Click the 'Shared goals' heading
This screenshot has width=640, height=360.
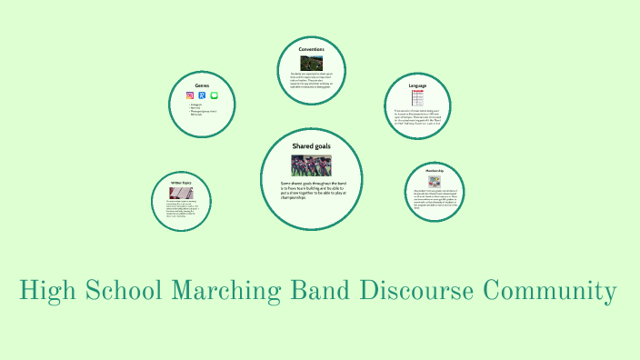point(312,145)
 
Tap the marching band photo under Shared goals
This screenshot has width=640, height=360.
point(312,165)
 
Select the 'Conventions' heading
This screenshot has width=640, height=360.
point(312,49)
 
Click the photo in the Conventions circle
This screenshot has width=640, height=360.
point(312,63)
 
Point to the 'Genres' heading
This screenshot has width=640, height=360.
point(202,85)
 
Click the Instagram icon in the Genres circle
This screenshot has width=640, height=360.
point(190,95)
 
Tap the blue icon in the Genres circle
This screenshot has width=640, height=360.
point(202,95)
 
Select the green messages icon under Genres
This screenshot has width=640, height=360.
point(215,95)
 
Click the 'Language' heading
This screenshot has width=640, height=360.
point(417,85)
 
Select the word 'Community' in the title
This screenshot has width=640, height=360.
point(551,292)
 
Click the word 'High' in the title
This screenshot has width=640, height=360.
point(48,292)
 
